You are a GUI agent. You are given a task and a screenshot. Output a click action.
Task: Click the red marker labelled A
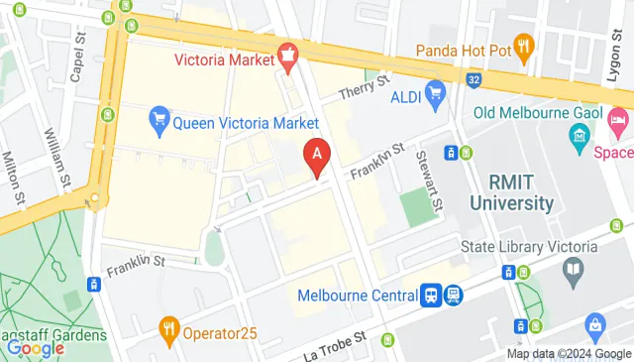click(x=316, y=157)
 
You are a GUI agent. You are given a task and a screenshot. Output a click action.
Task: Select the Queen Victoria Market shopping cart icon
click(x=158, y=122)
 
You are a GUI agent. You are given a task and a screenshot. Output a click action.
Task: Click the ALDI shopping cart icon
click(x=435, y=94)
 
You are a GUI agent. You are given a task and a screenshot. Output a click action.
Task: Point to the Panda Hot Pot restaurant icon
click(x=525, y=45)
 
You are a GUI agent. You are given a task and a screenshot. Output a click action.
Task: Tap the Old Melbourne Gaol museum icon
click(x=580, y=134)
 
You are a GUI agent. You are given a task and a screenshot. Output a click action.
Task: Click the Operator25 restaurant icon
click(x=170, y=328)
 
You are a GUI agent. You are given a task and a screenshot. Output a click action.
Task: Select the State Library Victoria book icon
click(x=572, y=268)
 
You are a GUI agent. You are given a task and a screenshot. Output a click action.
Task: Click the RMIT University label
click(x=521, y=193)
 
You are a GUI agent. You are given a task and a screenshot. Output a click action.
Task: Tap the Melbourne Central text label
click(x=358, y=296)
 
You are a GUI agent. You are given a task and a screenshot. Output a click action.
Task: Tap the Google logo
click(x=35, y=348)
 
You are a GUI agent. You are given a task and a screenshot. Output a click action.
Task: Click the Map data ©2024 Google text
click(x=569, y=354)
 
